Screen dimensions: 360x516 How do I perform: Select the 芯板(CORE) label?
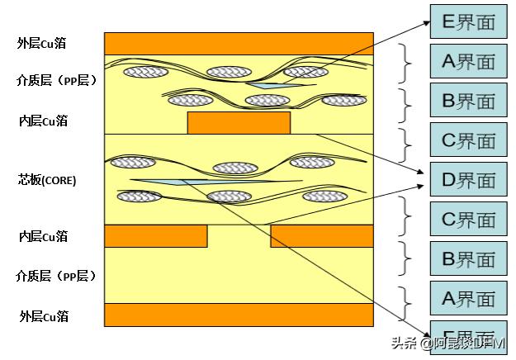click(x=47, y=180)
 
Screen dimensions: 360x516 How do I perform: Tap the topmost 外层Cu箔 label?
click(x=42, y=42)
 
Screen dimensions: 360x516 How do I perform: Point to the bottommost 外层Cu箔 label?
click(x=44, y=315)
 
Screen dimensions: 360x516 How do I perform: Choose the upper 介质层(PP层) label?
click(x=57, y=80)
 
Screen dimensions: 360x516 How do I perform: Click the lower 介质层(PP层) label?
click(x=56, y=276)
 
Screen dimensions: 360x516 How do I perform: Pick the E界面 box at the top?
click(x=468, y=22)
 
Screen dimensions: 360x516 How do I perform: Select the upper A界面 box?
click(x=468, y=61)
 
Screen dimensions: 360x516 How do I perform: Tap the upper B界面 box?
click(x=468, y=101)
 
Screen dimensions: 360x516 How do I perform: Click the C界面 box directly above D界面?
click(x=468, y=140)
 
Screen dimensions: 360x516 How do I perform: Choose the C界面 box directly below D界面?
click(x=468, y=220)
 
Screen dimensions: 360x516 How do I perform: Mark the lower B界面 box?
click(x=468, y=259)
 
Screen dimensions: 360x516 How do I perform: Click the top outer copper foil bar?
click(x=239, y=43)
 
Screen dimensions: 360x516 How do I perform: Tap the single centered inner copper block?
click(x=239, y=122)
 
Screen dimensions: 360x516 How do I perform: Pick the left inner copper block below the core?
click(x=155, y=236)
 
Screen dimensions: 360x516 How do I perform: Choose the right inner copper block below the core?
click(x=322, y=236)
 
